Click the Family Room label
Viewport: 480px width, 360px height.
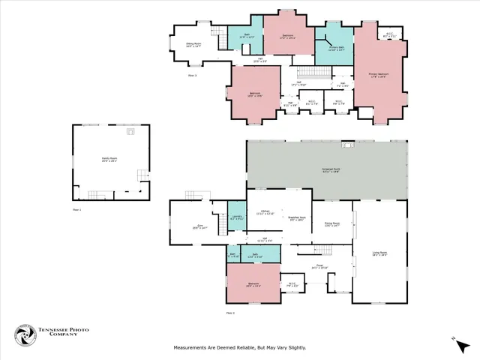click(x=110, y=160)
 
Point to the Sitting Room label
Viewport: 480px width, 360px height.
click(x=194, y=45)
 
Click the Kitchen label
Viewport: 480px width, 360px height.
click(x=264, y=212)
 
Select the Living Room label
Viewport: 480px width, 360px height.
click(x=379, y=253)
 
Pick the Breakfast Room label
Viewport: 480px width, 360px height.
click(x=300, y=218)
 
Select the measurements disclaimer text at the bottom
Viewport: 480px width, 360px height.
click(x=240, y=347)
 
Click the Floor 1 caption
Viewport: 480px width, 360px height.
click(x=76, y=211)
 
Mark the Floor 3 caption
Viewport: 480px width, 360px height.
click(x=192, y=75)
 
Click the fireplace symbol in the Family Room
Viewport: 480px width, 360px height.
click(x=132, y=130)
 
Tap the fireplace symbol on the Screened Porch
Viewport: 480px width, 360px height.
click(x=347, y=143)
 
